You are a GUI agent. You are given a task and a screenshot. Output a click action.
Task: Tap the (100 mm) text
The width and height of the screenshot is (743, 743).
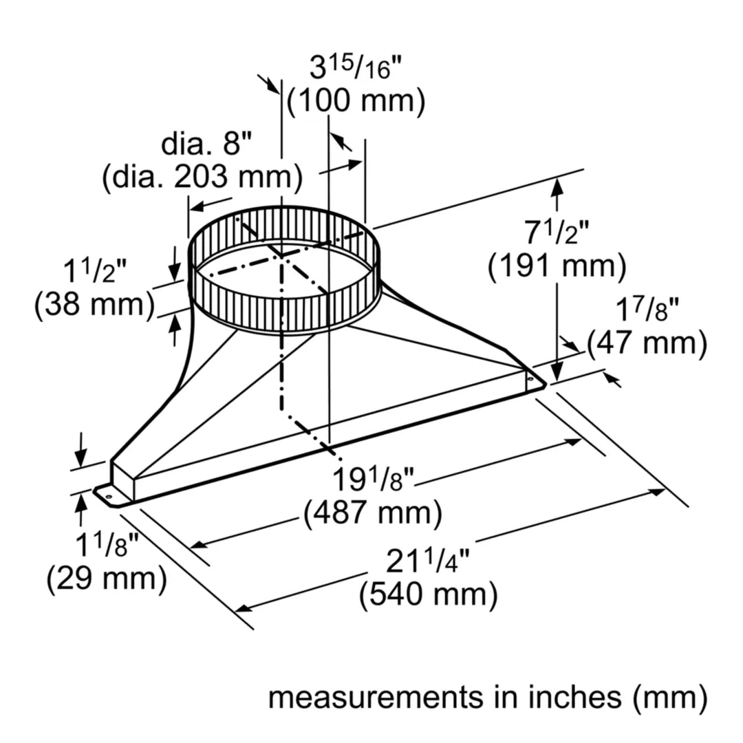pos(356,103)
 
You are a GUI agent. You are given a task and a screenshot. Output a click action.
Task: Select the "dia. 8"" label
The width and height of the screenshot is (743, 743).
pos(207,145)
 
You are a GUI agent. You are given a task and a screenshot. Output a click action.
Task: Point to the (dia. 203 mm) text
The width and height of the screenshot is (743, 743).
pos(202,178)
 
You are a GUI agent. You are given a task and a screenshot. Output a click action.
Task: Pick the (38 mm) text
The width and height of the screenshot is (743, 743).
pos(94,305)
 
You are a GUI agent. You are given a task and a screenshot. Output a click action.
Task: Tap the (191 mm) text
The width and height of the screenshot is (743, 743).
pos(557,267)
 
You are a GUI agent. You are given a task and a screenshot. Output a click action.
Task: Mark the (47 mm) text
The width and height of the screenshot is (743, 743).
pos(647,343)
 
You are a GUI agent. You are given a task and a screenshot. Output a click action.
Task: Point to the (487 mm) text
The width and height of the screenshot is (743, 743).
pos(372,511)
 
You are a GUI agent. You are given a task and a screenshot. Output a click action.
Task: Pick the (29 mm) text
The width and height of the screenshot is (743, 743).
pos(106,580)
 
